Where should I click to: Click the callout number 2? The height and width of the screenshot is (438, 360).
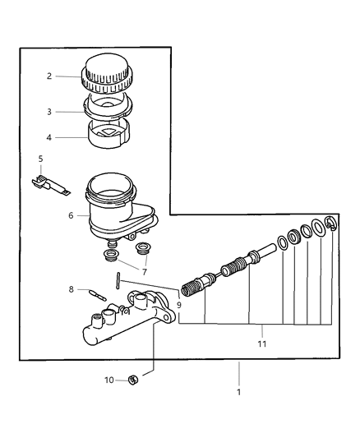[48, 76]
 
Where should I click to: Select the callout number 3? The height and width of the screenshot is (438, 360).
[48, 111]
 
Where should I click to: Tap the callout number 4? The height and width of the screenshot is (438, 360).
[48, 138]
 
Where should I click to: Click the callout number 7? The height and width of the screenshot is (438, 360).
[144, 270]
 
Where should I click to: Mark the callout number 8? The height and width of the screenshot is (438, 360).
[72, 289]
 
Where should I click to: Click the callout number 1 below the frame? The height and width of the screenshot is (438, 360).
[239, 392]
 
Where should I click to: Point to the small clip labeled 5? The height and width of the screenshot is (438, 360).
[51, 182]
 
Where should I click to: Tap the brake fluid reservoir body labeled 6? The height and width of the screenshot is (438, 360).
[115, 209]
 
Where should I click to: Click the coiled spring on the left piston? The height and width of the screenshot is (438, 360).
[192, 288]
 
